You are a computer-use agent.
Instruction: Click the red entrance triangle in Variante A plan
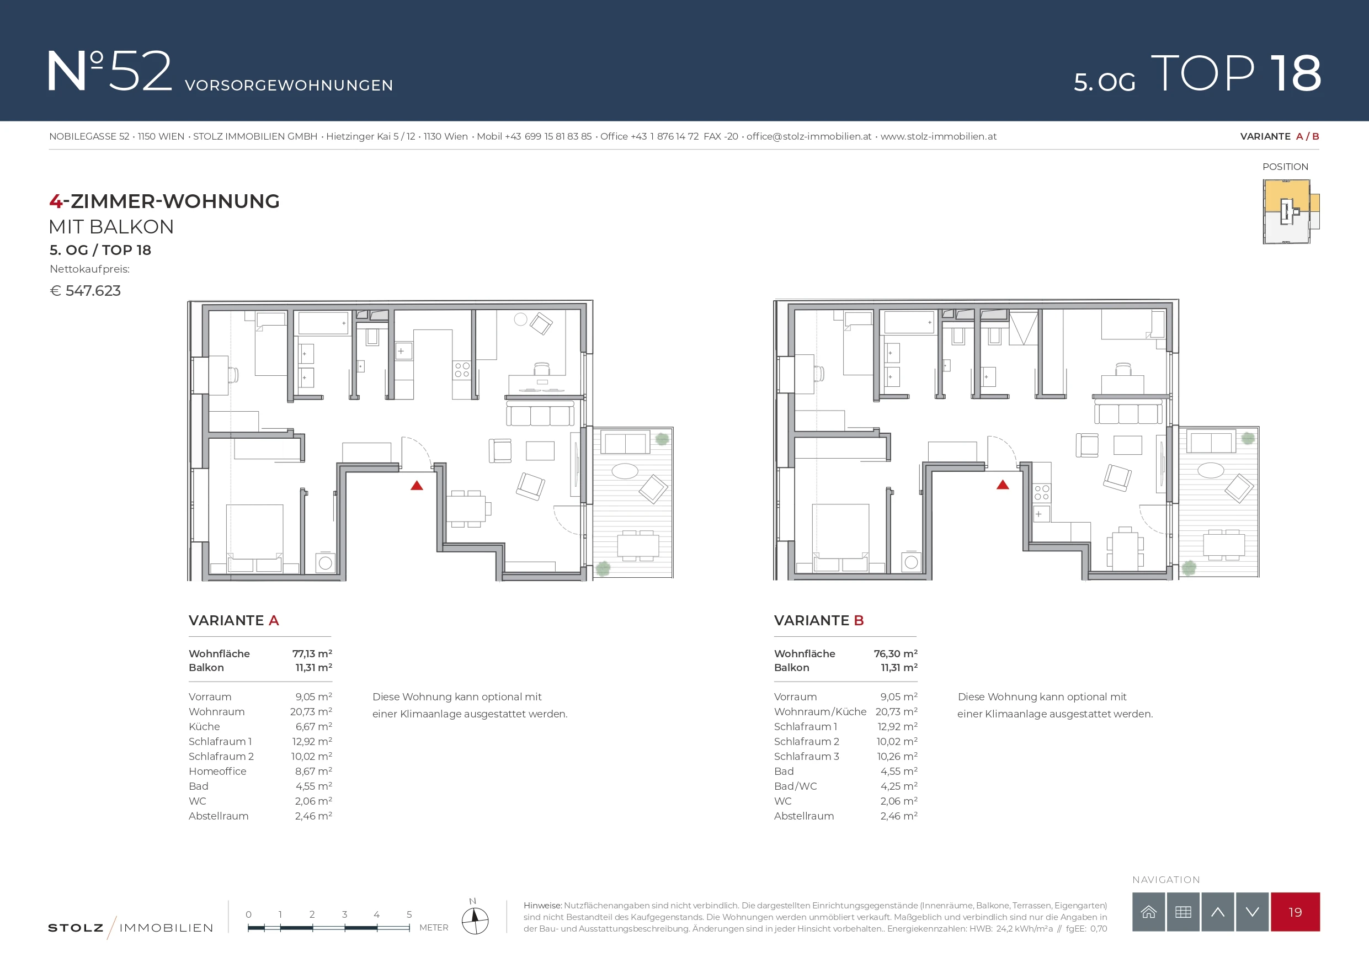click(x=417, y=486)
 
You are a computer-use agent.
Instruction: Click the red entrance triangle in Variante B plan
click(x=1003, y=485)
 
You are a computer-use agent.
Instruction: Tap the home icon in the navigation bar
click(x=1148, y=912)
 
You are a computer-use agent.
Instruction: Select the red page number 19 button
click(x=1295, y=912)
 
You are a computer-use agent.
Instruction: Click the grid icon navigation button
click(x=1183, y=912)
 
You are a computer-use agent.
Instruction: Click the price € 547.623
click(x=86, y=291)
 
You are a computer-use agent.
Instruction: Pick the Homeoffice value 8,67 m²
click(x=313, y=771)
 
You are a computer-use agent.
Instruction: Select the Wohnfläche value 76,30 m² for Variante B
click(x=896, y=653)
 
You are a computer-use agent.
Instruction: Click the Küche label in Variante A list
click(x=204, y=726)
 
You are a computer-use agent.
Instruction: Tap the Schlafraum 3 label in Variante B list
click(x=806, y=756)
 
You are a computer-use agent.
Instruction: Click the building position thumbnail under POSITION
click(x=1291, y=212)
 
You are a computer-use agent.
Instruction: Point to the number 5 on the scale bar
click(x=409, y=914)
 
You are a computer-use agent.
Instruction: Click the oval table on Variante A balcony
click(x=625, y=471)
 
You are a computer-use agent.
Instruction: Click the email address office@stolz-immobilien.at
click(x=808, y=136)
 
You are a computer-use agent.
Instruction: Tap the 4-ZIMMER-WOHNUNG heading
click(x=164, y=201)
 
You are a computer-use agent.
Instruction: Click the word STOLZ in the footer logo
click(x=76, y=928)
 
